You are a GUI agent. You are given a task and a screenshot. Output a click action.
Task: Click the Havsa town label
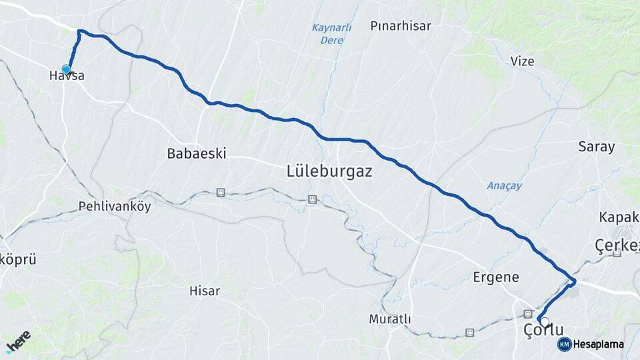click(67, 76)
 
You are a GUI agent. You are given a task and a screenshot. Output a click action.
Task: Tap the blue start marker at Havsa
click(66, 69)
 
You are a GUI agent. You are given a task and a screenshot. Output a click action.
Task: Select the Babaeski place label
click(197, 153)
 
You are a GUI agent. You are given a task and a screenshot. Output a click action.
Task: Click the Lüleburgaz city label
click(329, 171)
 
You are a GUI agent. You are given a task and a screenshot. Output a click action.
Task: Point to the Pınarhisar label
click(401, 27)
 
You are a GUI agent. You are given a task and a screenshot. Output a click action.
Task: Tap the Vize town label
click(522, 61)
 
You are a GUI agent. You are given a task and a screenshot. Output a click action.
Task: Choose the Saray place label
click(596, 147)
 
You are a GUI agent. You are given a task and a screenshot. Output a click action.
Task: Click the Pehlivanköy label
click(115, 206)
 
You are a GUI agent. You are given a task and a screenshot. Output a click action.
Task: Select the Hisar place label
click(205, 291)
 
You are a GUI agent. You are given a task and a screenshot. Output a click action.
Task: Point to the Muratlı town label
click(390, 319)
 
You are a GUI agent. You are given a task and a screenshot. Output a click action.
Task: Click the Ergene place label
click(495, 277)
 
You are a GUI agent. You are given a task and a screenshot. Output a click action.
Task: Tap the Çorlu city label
click(543, 330)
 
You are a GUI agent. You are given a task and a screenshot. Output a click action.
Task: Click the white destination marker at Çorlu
click(545, 322)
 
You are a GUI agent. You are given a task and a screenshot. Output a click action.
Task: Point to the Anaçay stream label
click(501, 186)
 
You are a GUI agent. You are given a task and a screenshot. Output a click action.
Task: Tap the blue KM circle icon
click(564, 344)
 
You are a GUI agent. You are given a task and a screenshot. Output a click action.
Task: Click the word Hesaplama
click(598, 345)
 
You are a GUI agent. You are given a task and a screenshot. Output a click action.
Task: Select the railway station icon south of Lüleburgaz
click(311, 199)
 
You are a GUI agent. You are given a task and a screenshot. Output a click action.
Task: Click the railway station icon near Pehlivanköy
click(221, 192)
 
